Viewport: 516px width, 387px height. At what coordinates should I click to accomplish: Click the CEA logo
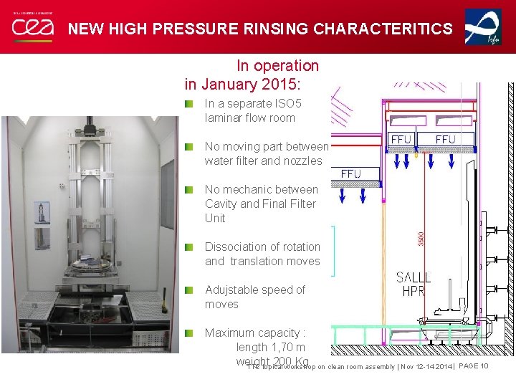coord(32,27)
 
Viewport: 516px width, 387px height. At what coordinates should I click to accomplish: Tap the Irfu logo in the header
coord(483,27)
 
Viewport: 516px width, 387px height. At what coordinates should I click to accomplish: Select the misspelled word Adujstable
coord(234,290)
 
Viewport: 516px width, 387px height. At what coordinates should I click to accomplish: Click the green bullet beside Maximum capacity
coord(188,333)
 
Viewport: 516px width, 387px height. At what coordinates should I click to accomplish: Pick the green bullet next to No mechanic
coord(188,189)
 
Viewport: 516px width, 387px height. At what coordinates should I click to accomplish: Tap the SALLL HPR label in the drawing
coord(414,285)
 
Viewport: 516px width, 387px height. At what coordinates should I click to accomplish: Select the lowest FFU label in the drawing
coord(351,174)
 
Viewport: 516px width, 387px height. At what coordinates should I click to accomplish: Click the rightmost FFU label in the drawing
coord(445,139)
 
